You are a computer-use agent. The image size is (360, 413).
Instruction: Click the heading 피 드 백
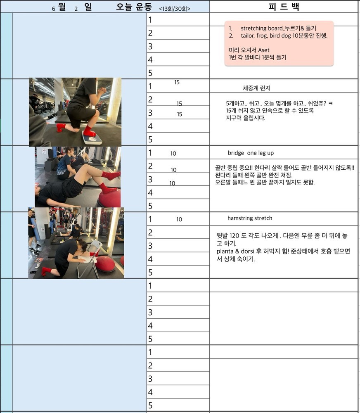(284, 6)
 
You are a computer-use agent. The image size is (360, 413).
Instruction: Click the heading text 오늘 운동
(134, 7)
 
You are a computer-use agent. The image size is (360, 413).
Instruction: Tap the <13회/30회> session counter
(175, 9)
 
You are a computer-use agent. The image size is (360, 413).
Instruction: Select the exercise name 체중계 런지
(256, 88)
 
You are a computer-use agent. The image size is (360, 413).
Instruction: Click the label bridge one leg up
(251, 153)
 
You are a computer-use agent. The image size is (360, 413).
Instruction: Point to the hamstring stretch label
(250, 218)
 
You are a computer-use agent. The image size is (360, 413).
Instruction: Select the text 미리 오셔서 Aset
(249, 50)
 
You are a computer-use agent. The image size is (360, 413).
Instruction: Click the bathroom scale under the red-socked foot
(92, 138)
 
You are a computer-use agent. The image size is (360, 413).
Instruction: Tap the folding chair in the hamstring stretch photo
(90, 259)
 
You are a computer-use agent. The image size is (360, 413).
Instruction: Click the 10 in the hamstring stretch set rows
(179, 219)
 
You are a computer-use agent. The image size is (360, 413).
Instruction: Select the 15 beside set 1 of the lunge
(177, 83)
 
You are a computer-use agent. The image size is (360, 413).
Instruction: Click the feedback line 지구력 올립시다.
(246, 118)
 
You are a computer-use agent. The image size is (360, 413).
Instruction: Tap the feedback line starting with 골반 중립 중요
(285, 168)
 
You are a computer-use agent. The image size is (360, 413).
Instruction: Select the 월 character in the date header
(62, 7)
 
